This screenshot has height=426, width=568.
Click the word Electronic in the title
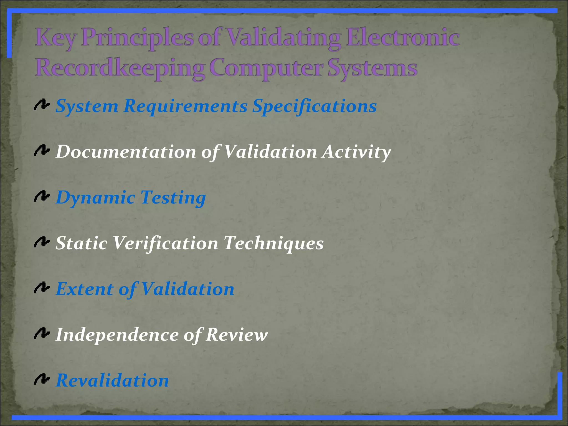tap(403, 38)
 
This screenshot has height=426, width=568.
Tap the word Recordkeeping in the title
tap(120, 68)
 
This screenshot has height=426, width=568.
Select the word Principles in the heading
tap(137, 38)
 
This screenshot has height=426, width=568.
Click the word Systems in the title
tap(372, 68)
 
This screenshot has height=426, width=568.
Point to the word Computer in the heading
tap(266, 68)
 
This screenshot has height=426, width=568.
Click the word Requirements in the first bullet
tap(186, 106)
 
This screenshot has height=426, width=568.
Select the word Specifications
tap(315, 106)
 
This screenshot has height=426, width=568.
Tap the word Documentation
tap(126, 152)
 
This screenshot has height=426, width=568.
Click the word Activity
tap(357, 152)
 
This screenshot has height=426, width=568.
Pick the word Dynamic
tap(96, 198)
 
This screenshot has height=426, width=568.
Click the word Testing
tap(173, 198)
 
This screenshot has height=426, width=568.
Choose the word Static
tap(82, 243)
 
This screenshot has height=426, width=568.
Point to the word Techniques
tap(273, 243)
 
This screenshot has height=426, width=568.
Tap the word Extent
tap(85, 289)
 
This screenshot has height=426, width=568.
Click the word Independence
tap(117, 335)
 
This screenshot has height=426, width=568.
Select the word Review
tap(237, 335)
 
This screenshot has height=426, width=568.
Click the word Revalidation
tap(113, 380)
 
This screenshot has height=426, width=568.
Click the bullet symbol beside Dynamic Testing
tap(42, 197)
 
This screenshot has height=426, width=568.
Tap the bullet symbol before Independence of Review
tap(42, 334)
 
